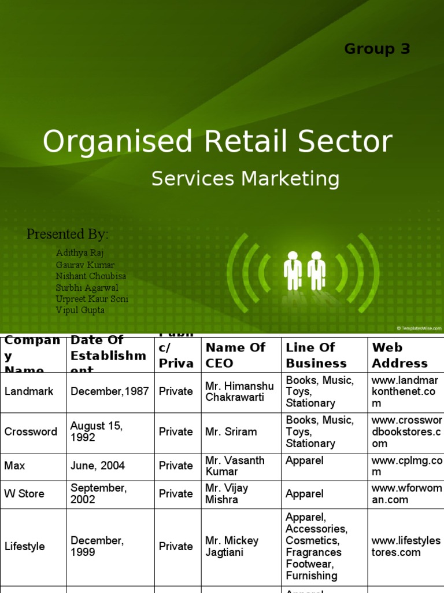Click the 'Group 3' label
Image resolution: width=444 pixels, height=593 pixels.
point(377,49)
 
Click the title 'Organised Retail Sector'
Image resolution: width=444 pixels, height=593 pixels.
point(217,142)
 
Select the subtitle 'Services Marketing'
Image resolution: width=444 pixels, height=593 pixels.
point(245,179)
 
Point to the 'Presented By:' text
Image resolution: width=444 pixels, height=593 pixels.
point(68,235)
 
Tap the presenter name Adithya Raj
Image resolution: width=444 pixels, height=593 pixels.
point(80,253)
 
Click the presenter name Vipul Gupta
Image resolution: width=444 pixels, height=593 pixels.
point(80,310)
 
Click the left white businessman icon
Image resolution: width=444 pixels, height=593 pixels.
point(293,270)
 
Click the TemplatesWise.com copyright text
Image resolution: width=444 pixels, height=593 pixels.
point(419,328)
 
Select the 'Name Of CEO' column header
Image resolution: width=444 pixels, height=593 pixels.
point(235,355)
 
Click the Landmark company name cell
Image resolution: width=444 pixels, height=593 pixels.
point(29,391)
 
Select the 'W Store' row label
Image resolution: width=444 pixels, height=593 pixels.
point(24,494)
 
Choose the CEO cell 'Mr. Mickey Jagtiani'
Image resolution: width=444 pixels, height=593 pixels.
point(232,546)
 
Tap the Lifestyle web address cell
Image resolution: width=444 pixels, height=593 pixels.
point(406,546)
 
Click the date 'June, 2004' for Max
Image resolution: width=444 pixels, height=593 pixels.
point(98,466)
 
